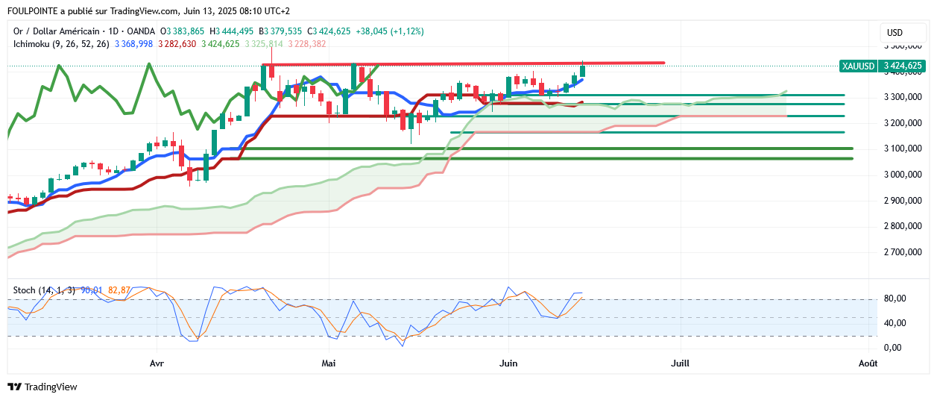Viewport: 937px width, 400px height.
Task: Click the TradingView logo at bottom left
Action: [x=42, y=387]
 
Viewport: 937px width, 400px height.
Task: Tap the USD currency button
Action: [x=895, y=33]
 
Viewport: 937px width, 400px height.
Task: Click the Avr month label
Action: [x=157, y=363]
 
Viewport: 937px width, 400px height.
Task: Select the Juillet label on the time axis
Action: [x=680, y=363]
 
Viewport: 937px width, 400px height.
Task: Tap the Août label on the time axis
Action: [x=867, y=363]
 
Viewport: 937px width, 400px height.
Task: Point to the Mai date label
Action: [x=329, y=363]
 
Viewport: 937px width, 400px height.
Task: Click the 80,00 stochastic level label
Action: [x=896, y=299]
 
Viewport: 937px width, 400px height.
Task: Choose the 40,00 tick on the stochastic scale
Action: [x=896, y=323]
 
